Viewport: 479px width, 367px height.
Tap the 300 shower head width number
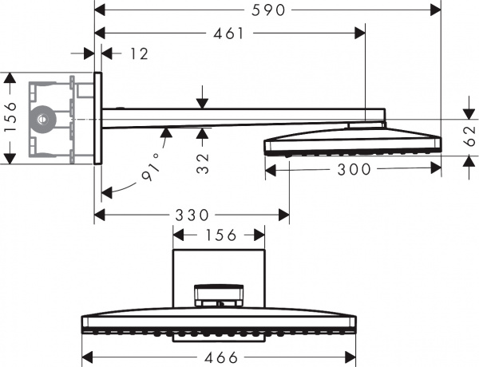pos(354,168)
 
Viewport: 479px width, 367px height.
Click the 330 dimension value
pos(192,215)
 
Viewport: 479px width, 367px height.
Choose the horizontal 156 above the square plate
pos(220,235)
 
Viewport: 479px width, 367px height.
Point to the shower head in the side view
pos(351,141)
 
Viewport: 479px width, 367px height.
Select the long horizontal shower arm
pos(239,114)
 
